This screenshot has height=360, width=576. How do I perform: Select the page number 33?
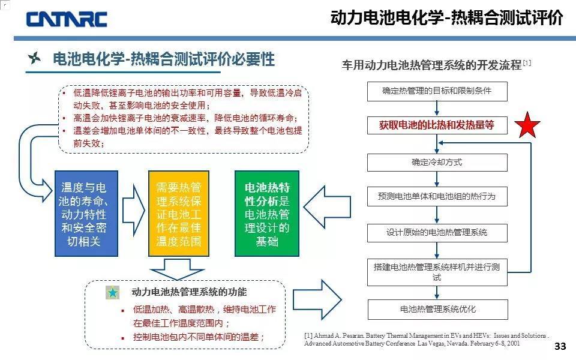560,346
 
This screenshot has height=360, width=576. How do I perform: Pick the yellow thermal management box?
178,211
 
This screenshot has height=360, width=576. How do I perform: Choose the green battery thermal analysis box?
267,211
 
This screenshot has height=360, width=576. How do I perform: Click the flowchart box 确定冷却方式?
437,162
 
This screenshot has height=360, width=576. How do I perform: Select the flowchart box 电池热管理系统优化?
437,310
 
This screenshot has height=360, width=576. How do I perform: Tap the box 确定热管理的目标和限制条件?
437,91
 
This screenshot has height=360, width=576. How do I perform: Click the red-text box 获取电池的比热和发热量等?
437,125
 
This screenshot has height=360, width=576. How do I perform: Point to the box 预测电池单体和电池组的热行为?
437,196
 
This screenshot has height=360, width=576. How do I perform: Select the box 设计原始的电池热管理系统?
437,232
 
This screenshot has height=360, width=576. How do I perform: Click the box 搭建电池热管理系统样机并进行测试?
437,272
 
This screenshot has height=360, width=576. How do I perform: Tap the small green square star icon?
113,293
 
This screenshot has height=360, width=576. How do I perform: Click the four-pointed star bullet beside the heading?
35,59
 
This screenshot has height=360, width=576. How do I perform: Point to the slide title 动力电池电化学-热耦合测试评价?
446,18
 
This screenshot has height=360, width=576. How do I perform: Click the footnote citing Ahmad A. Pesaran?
426,340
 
